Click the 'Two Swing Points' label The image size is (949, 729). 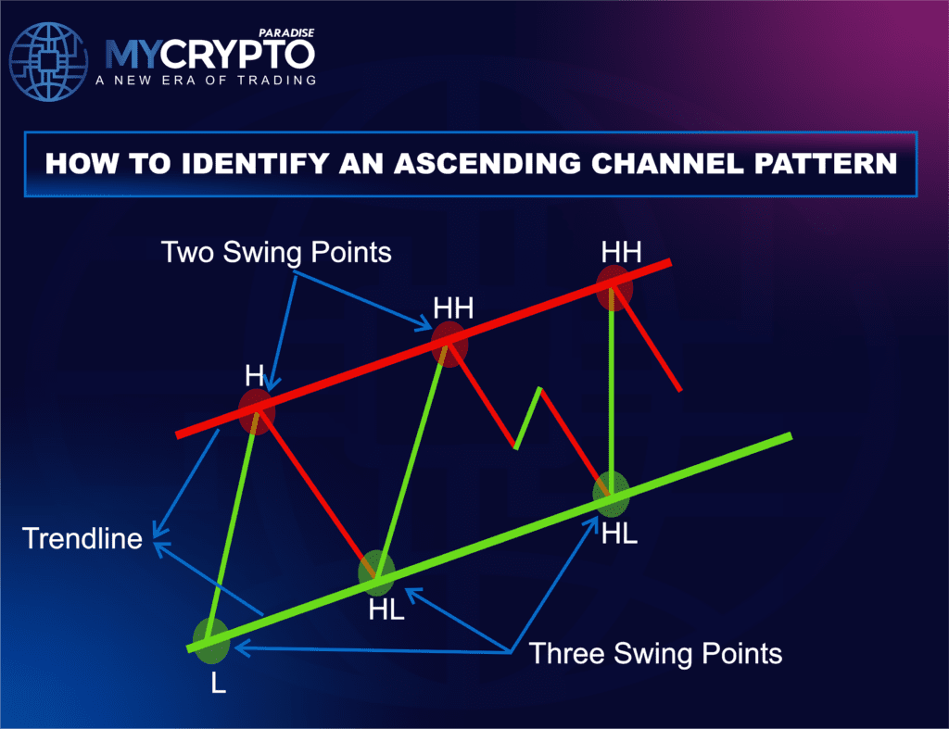276,252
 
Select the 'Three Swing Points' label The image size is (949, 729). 655,653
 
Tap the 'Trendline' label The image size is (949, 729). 82,538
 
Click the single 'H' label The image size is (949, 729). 255,376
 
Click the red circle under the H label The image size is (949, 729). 257,412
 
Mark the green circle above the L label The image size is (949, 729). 210,642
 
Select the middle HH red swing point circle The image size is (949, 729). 449,344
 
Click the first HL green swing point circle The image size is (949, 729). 376,572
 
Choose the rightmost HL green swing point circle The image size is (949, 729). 612,494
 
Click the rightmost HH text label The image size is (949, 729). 620,251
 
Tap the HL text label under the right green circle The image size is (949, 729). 619,534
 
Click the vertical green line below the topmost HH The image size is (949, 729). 612,389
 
